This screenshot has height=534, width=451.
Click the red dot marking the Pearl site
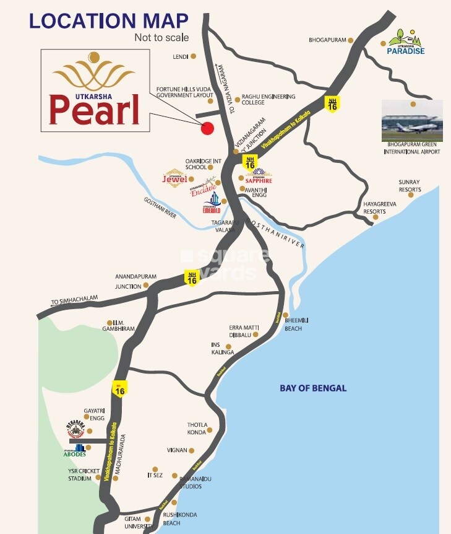click(x=208, y=128)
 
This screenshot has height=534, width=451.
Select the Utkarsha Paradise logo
click(x=406, y=43)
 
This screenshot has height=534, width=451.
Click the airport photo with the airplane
click(x=412, y=120)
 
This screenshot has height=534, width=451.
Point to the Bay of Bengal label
click(x=313, y=388)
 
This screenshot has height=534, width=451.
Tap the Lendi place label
click(x=181, y=56)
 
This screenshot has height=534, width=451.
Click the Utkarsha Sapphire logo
click(x=258, y=175)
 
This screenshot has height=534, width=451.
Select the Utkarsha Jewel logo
click(x=174, y=177)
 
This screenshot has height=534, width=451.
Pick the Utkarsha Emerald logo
click(x=213, y=203)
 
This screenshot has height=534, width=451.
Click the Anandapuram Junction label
click(x=128, y=281)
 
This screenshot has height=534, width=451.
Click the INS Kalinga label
click(x=223, y=348)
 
